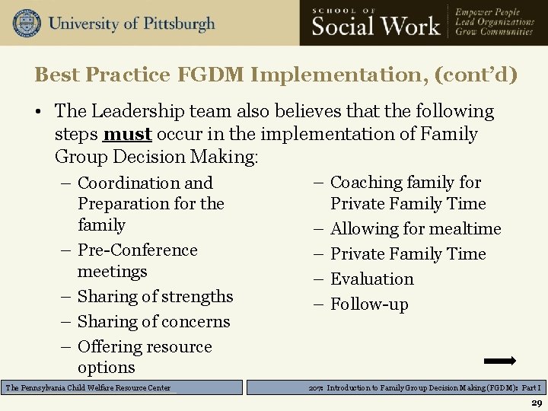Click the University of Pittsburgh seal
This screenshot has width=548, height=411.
27,23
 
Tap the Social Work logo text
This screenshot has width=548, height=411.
376,27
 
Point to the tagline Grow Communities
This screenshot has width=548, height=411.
494,32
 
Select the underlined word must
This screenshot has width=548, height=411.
127,134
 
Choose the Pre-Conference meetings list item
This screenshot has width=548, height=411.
137,260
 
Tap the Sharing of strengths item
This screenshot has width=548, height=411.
155,296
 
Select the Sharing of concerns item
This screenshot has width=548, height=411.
153,321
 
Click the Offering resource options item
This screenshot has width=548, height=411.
145,356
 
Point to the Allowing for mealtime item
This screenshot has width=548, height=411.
416,228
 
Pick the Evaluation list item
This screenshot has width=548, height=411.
372,279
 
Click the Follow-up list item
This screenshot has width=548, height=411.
369,304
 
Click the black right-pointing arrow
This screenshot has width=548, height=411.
500,361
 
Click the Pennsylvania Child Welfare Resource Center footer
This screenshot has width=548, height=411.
88,387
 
